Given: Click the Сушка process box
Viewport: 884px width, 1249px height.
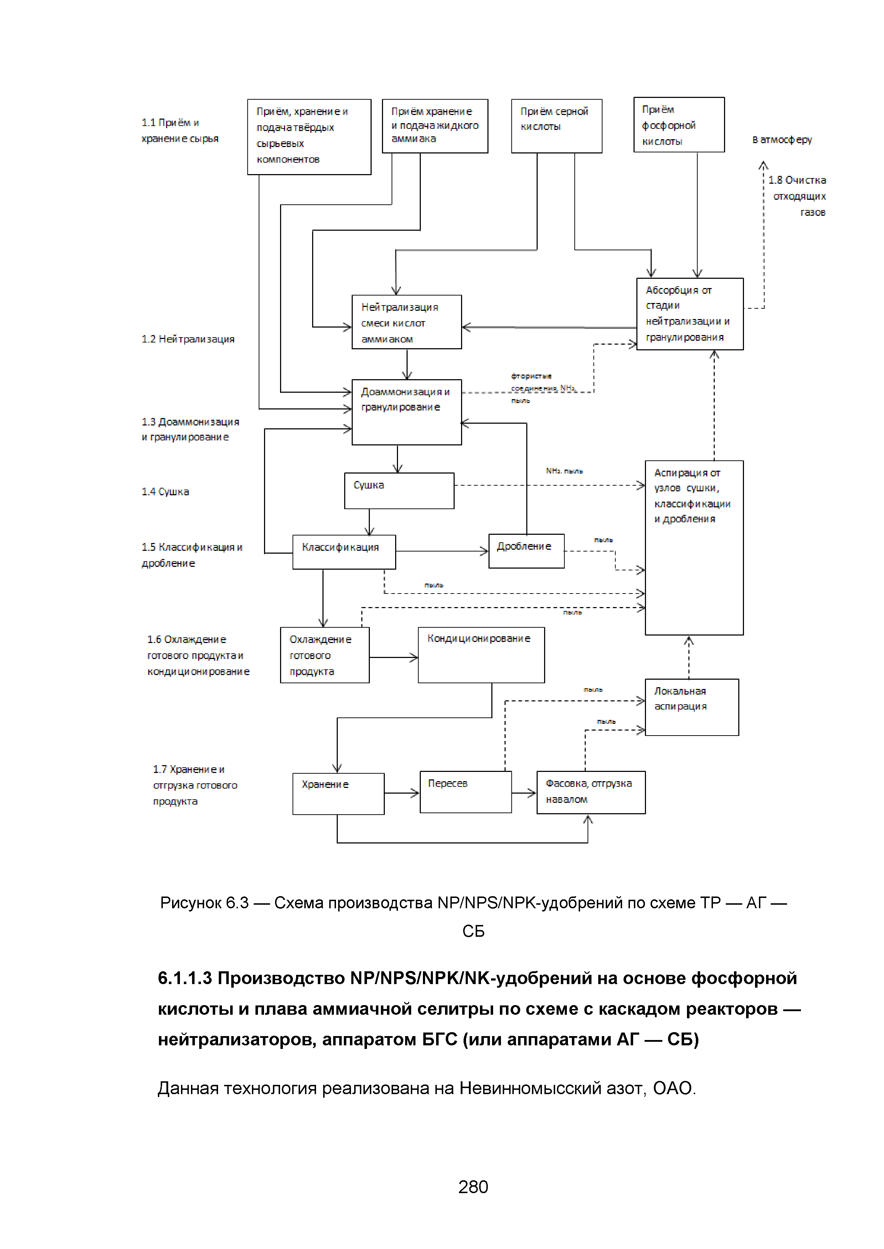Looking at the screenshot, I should (399, 491).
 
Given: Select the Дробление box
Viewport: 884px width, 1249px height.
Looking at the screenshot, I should (526, 551).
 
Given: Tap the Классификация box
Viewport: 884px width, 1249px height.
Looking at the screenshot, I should (344, 552).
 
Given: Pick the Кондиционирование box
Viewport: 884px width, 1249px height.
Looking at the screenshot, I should (481, 655).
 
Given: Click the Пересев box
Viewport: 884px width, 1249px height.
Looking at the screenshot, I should (465, 792).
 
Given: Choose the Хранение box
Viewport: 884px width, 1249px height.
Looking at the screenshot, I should (338, 794).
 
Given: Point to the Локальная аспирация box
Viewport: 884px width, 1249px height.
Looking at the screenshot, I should (691, 707).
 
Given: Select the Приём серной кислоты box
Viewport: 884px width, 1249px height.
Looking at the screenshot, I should (556, 126).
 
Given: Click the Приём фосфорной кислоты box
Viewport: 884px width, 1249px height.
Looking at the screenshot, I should (679, 125).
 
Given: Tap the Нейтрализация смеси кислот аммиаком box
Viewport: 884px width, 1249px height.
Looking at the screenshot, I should (407, 322).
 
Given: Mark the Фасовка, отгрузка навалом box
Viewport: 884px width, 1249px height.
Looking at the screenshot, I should (591, 792).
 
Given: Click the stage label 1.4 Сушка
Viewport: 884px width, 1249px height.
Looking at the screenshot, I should (165, 492).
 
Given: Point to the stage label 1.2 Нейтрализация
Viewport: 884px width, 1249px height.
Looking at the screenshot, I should (188, 339).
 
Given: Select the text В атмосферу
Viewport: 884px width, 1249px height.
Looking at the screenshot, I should (782, 140).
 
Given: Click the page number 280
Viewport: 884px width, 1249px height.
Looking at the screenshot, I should (473, 1186).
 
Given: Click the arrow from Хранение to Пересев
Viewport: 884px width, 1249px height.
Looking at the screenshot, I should (402, 794).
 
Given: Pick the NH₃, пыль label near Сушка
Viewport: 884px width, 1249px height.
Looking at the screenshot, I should (564, 471).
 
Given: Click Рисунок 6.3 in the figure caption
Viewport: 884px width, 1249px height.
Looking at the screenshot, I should (204, 903).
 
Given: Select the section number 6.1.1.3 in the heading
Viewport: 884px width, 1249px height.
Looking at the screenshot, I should (185, 978).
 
